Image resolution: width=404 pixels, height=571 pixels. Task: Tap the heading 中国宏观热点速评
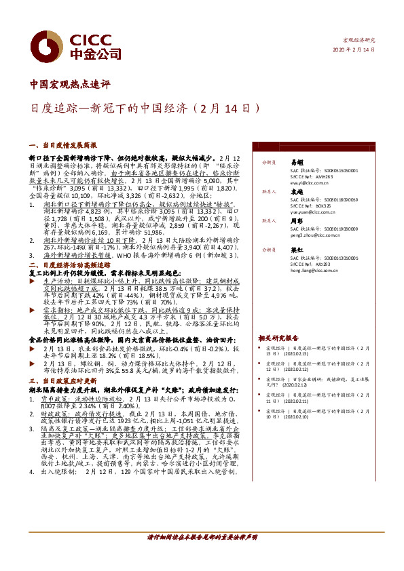(x=71, y=85)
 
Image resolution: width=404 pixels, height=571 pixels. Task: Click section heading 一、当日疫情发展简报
(x=64, y=145)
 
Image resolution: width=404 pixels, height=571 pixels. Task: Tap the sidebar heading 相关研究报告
(x=278, y=337)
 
